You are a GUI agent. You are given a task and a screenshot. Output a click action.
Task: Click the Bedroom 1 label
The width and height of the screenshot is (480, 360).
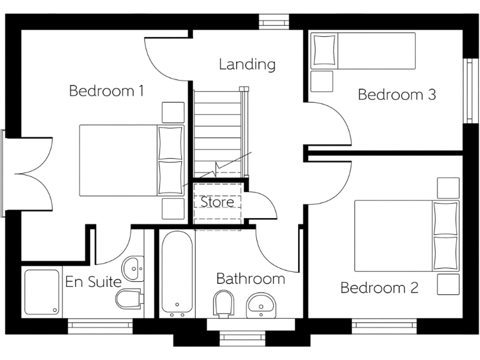106,91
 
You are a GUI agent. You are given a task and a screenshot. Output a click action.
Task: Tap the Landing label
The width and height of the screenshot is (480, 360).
247,64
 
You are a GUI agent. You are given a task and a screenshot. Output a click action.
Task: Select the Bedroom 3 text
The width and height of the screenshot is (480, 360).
396,94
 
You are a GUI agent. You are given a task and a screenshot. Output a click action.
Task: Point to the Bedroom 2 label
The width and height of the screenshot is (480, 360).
379,287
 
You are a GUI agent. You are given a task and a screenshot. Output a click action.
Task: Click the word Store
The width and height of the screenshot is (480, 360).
217,202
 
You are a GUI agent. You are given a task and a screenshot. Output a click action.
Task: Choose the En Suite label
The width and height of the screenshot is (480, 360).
93,282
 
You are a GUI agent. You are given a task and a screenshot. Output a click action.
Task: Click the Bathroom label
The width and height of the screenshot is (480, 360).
250,279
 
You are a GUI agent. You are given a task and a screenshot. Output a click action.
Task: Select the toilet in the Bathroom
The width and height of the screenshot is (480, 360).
223,304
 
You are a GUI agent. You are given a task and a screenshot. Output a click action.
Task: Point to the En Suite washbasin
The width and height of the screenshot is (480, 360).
132,269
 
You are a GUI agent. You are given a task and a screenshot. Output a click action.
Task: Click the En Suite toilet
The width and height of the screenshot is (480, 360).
129,299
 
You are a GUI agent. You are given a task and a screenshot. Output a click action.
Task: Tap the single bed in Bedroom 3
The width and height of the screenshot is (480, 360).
363,51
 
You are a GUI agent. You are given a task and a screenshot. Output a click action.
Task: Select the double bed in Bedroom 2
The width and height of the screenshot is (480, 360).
406,236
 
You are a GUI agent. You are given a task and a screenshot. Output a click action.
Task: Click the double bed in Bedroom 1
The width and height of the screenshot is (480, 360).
131,159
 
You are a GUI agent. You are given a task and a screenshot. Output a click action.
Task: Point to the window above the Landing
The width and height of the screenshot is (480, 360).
274,22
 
